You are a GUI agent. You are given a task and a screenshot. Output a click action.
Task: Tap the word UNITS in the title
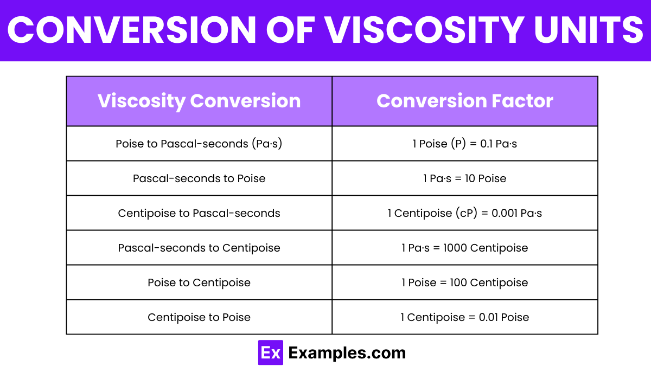[x=589, y=30]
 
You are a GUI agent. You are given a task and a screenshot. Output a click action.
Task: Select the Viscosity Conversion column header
[x=199, y=101]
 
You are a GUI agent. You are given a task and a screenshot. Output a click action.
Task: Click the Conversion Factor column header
[x=465, y=101]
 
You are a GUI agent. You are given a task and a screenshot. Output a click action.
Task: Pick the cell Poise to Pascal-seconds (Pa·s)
[x=199, y=144]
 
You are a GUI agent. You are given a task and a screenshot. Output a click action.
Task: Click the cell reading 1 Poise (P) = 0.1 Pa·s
[x=465, y=144]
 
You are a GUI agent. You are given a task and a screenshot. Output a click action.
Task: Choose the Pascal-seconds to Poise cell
[x=199, y=178]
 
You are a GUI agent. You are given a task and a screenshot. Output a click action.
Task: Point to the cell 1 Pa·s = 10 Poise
[x=465, y=178]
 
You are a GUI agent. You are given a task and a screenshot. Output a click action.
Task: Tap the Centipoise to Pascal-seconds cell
[x=199, y=213]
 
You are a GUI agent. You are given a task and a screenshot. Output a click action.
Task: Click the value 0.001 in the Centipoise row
[x=505, y=213]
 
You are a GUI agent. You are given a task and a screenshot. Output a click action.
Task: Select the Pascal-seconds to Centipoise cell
[x=199, y=248]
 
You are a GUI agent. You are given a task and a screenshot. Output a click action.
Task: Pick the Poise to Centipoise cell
[x=199, y=282]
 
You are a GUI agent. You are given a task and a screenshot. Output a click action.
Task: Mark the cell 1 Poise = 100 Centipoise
[x=465, y=282]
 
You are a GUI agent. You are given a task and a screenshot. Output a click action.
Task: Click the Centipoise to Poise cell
[x=199, y=317]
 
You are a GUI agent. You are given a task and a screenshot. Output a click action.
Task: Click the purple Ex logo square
[x=271, y=352]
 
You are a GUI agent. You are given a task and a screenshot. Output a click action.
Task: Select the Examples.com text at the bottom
[x=347, y=353]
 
